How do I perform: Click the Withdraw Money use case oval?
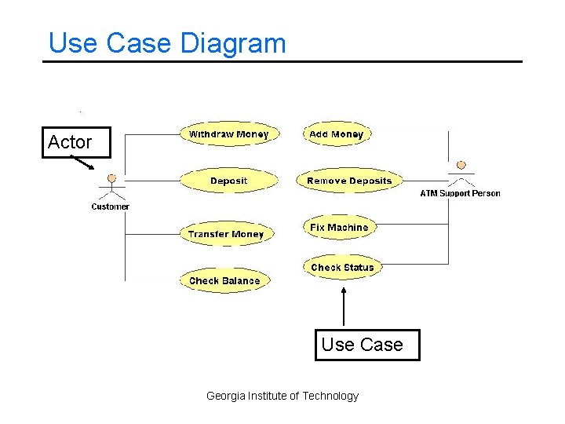point(228,134)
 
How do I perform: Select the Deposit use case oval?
point(228,181)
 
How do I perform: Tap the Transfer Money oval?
point(226,234)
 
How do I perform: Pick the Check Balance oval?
point(224,280)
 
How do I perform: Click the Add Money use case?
point(336,134)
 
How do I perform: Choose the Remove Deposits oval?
point(349,181)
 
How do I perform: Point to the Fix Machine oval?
point(339,228)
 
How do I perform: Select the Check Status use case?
point(342,267)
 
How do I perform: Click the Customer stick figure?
point(111,186)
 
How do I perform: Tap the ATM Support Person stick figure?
point(461,174)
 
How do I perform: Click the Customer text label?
point(111,207)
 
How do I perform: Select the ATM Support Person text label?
point(460,193)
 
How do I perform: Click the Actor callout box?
point(76,142)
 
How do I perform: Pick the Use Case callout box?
point(367,345)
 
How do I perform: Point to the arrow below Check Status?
point(342,306)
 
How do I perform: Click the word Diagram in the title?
point(233,42)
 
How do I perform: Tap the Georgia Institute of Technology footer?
point(282,396)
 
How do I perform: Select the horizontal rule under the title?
point(282,61)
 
